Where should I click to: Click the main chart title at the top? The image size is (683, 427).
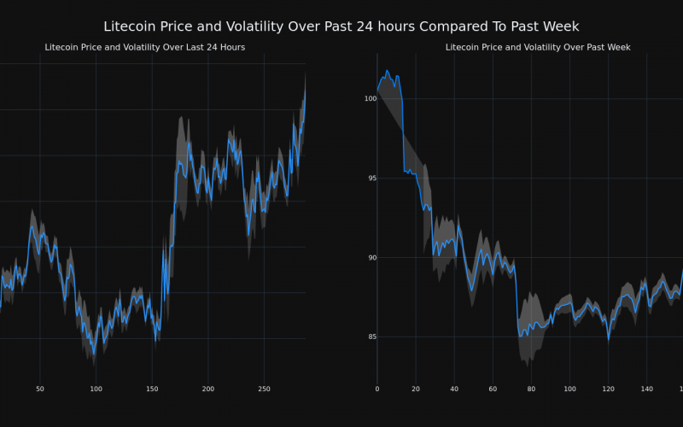(341, 27)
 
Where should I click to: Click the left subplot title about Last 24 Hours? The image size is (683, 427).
(144, 47)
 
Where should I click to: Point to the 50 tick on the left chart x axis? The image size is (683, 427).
(40, 389)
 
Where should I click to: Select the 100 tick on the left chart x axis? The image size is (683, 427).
(96, 389)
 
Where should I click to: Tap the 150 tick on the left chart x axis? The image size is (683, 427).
(152, 389)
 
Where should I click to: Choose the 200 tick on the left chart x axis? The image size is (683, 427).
(208, 389)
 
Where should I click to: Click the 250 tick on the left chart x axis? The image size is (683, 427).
(264, 389)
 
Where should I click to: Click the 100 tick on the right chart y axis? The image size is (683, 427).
(370, 99)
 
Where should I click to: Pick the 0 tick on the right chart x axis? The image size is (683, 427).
(377, 389)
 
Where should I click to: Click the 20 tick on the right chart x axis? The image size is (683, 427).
(416, 389)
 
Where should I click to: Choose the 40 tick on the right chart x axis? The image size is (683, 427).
(454, 389)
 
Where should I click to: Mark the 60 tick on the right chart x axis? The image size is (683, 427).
(493, 389)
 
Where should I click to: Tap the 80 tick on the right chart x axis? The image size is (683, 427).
(531, 389)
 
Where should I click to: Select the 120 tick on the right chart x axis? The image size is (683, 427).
(608, 389)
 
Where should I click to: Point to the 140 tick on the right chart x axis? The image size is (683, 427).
(646, 389)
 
